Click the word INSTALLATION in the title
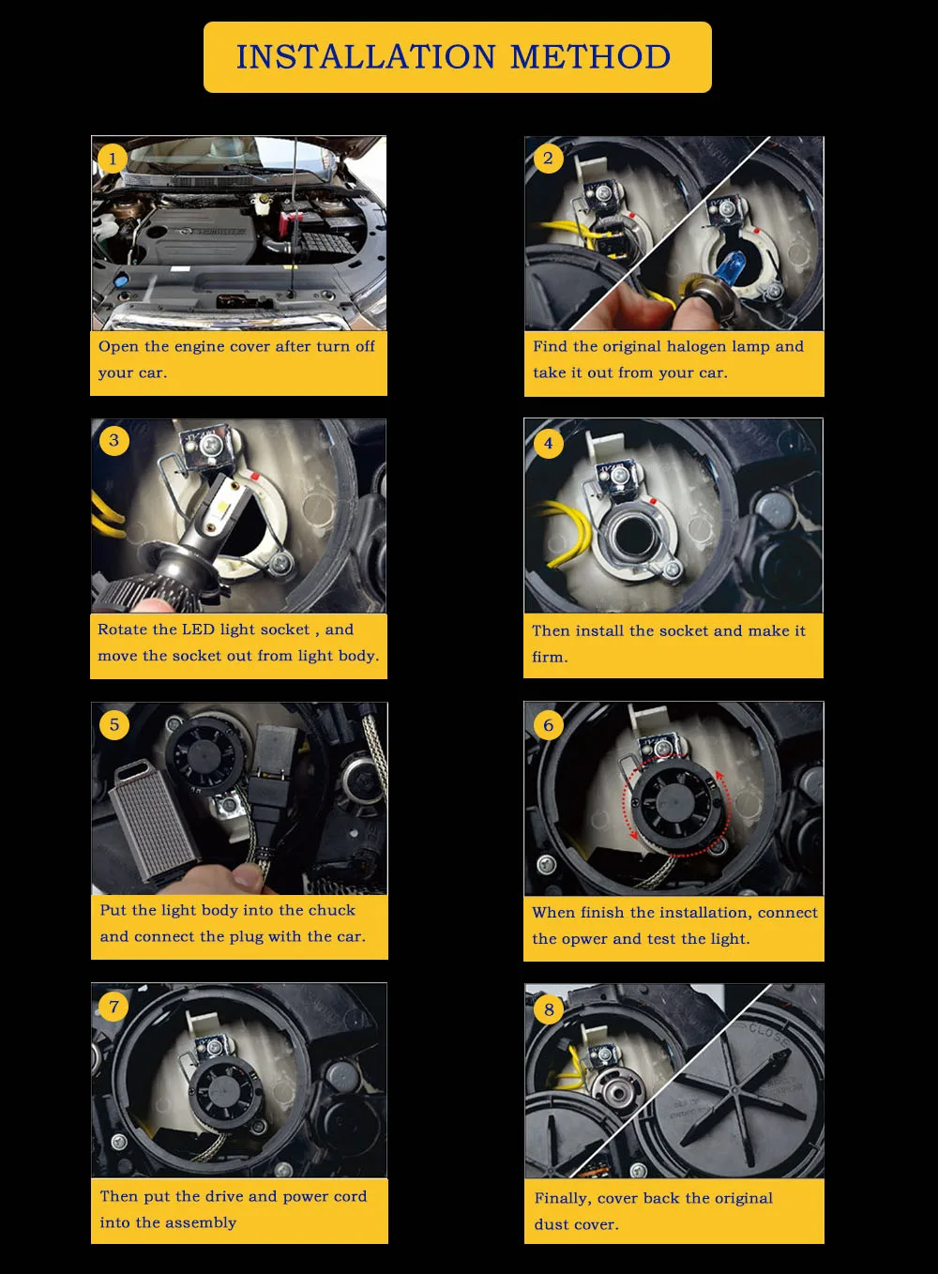pos(366,57)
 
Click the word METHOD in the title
pos(590,57)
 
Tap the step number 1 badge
pos(112,159)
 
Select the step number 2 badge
pos(548,159)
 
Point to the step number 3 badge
pos(113,440)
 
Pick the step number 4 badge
pos(549,443)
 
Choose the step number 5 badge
pos(114,724)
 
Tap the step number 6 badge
pos(549,725)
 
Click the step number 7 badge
pos(114,1008)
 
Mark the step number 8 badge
pos(549,1009)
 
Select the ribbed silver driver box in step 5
pos(152,819)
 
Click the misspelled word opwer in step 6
pos(584,939)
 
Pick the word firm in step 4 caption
pos(550,658)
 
